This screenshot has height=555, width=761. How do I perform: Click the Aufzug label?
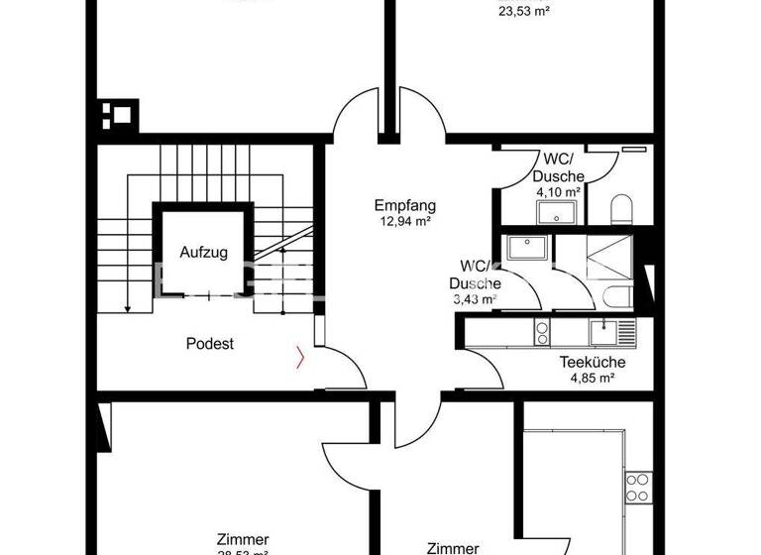[203, 253]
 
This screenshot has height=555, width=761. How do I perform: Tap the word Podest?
[210, 344]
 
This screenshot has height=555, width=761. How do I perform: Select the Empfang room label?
[405, 206]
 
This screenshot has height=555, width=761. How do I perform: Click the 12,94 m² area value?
[405, 222]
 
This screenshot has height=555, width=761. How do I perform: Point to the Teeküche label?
[589, 362]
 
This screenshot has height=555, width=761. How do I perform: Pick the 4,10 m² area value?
[559, 192]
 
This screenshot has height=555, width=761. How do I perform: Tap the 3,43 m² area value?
[475, 297]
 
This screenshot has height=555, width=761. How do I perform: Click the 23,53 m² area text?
[524, 13]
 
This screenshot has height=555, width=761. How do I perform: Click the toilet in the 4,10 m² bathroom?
[622, 209]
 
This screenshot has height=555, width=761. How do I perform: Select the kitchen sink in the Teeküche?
[603, 329]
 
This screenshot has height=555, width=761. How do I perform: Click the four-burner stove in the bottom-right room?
[638, 489]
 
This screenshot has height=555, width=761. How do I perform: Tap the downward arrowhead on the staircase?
[128, 309]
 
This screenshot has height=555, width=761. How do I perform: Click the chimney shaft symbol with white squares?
[119, 114]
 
